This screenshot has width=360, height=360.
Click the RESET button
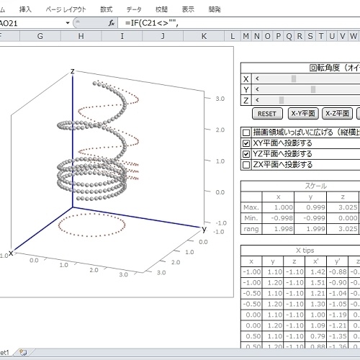[267, 114]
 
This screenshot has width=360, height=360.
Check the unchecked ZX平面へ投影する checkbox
[246, 164]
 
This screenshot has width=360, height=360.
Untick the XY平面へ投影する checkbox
[246, 143]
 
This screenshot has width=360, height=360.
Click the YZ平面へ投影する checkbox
[246, 153]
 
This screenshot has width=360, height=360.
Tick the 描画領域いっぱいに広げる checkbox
[246, 132]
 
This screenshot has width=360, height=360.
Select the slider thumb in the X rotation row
[293, 79]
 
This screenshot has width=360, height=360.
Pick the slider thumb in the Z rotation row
[281, 100]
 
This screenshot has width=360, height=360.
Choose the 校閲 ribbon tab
[161, 9]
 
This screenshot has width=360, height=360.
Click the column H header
[81, 36]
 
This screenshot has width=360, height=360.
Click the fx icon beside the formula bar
[112, 23]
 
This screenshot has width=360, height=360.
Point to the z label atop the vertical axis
[73, 71]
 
